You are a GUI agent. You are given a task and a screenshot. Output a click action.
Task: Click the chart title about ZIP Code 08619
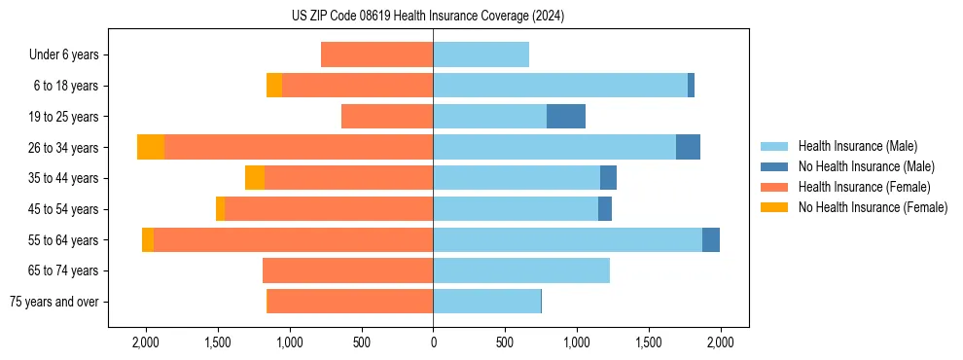(427, 16)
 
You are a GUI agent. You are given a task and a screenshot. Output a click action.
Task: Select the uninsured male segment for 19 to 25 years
(566, 117)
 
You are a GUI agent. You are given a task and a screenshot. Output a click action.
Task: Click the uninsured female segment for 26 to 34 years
(151, 147)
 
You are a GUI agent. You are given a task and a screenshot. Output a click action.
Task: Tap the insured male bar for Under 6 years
(481, 54)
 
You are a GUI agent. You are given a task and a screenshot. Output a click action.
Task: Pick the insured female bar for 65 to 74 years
(347, 270)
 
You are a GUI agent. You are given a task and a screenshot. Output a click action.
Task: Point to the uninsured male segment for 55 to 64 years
(711, 239)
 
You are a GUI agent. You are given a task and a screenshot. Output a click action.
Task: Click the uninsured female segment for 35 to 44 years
(255, 178)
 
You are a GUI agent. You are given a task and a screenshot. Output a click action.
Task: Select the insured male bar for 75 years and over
(486, 302)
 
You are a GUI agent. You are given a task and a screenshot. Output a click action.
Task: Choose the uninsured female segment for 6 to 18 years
(274, 86)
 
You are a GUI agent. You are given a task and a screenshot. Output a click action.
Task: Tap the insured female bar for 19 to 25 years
(387, 117)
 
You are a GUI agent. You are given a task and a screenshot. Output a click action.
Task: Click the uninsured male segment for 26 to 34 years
(688, 147)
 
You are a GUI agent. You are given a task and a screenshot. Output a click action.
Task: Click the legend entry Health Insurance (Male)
(857, 146)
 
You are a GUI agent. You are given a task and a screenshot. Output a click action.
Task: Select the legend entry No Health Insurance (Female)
(872, 207)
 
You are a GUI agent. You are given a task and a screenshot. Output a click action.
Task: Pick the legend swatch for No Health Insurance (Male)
(774, 166)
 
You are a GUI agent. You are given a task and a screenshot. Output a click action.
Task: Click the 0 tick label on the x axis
(433, 342)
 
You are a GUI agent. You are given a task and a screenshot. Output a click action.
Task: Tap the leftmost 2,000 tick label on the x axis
(146, 342)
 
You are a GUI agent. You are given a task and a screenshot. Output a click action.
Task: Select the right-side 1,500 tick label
(649, 342)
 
